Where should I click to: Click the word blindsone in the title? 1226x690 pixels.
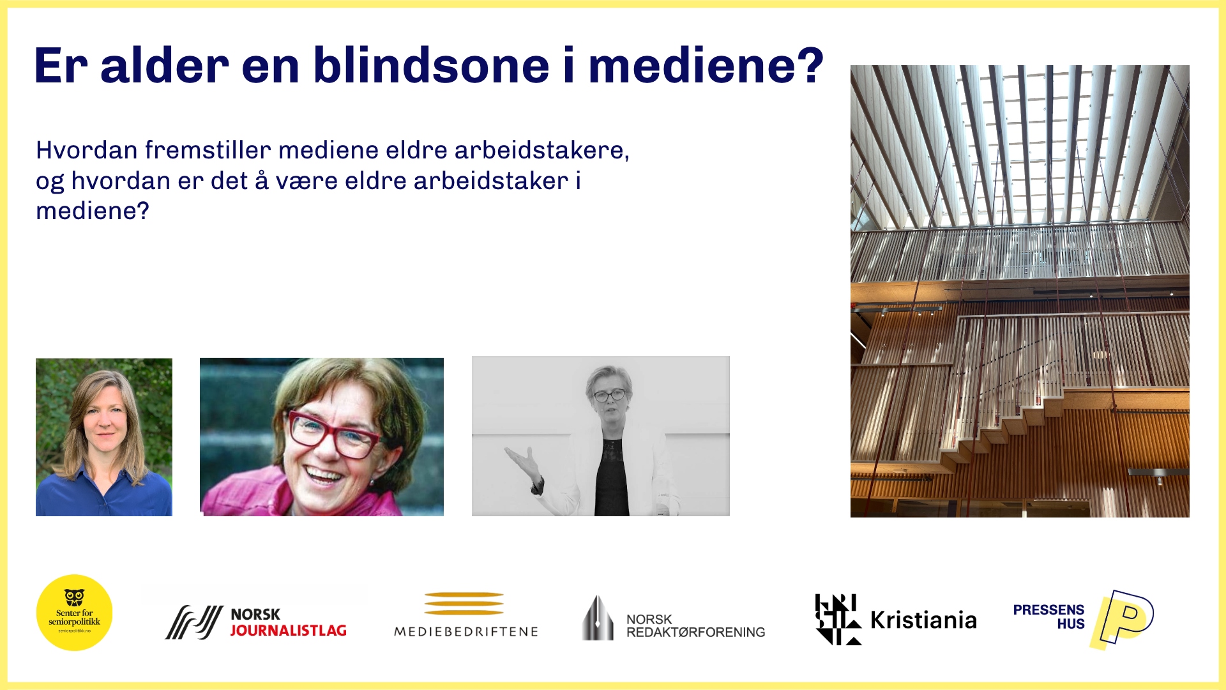tap(431, 66)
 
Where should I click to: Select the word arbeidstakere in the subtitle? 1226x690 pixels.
tap(541, 150)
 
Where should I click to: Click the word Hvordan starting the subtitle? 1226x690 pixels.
tap(87, 150)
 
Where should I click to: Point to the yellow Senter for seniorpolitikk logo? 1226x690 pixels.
tap(75, 613)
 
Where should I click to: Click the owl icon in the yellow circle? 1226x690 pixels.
tap(75, 597)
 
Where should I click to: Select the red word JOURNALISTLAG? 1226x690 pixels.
tap(288, 631)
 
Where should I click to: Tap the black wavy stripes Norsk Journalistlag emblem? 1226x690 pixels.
tap(194, 622)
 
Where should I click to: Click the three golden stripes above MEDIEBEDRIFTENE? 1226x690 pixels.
tap(464, 603)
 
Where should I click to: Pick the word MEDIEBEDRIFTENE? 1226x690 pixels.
tap(466, 632)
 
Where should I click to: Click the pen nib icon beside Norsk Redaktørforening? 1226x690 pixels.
tap(597, 618)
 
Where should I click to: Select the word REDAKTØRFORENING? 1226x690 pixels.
tap(696, 632)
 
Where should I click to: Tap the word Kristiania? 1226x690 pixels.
tap(923, 620)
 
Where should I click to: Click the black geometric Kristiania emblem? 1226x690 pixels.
tap(837, 619)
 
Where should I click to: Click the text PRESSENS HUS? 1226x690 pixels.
tap(1048, 617)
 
